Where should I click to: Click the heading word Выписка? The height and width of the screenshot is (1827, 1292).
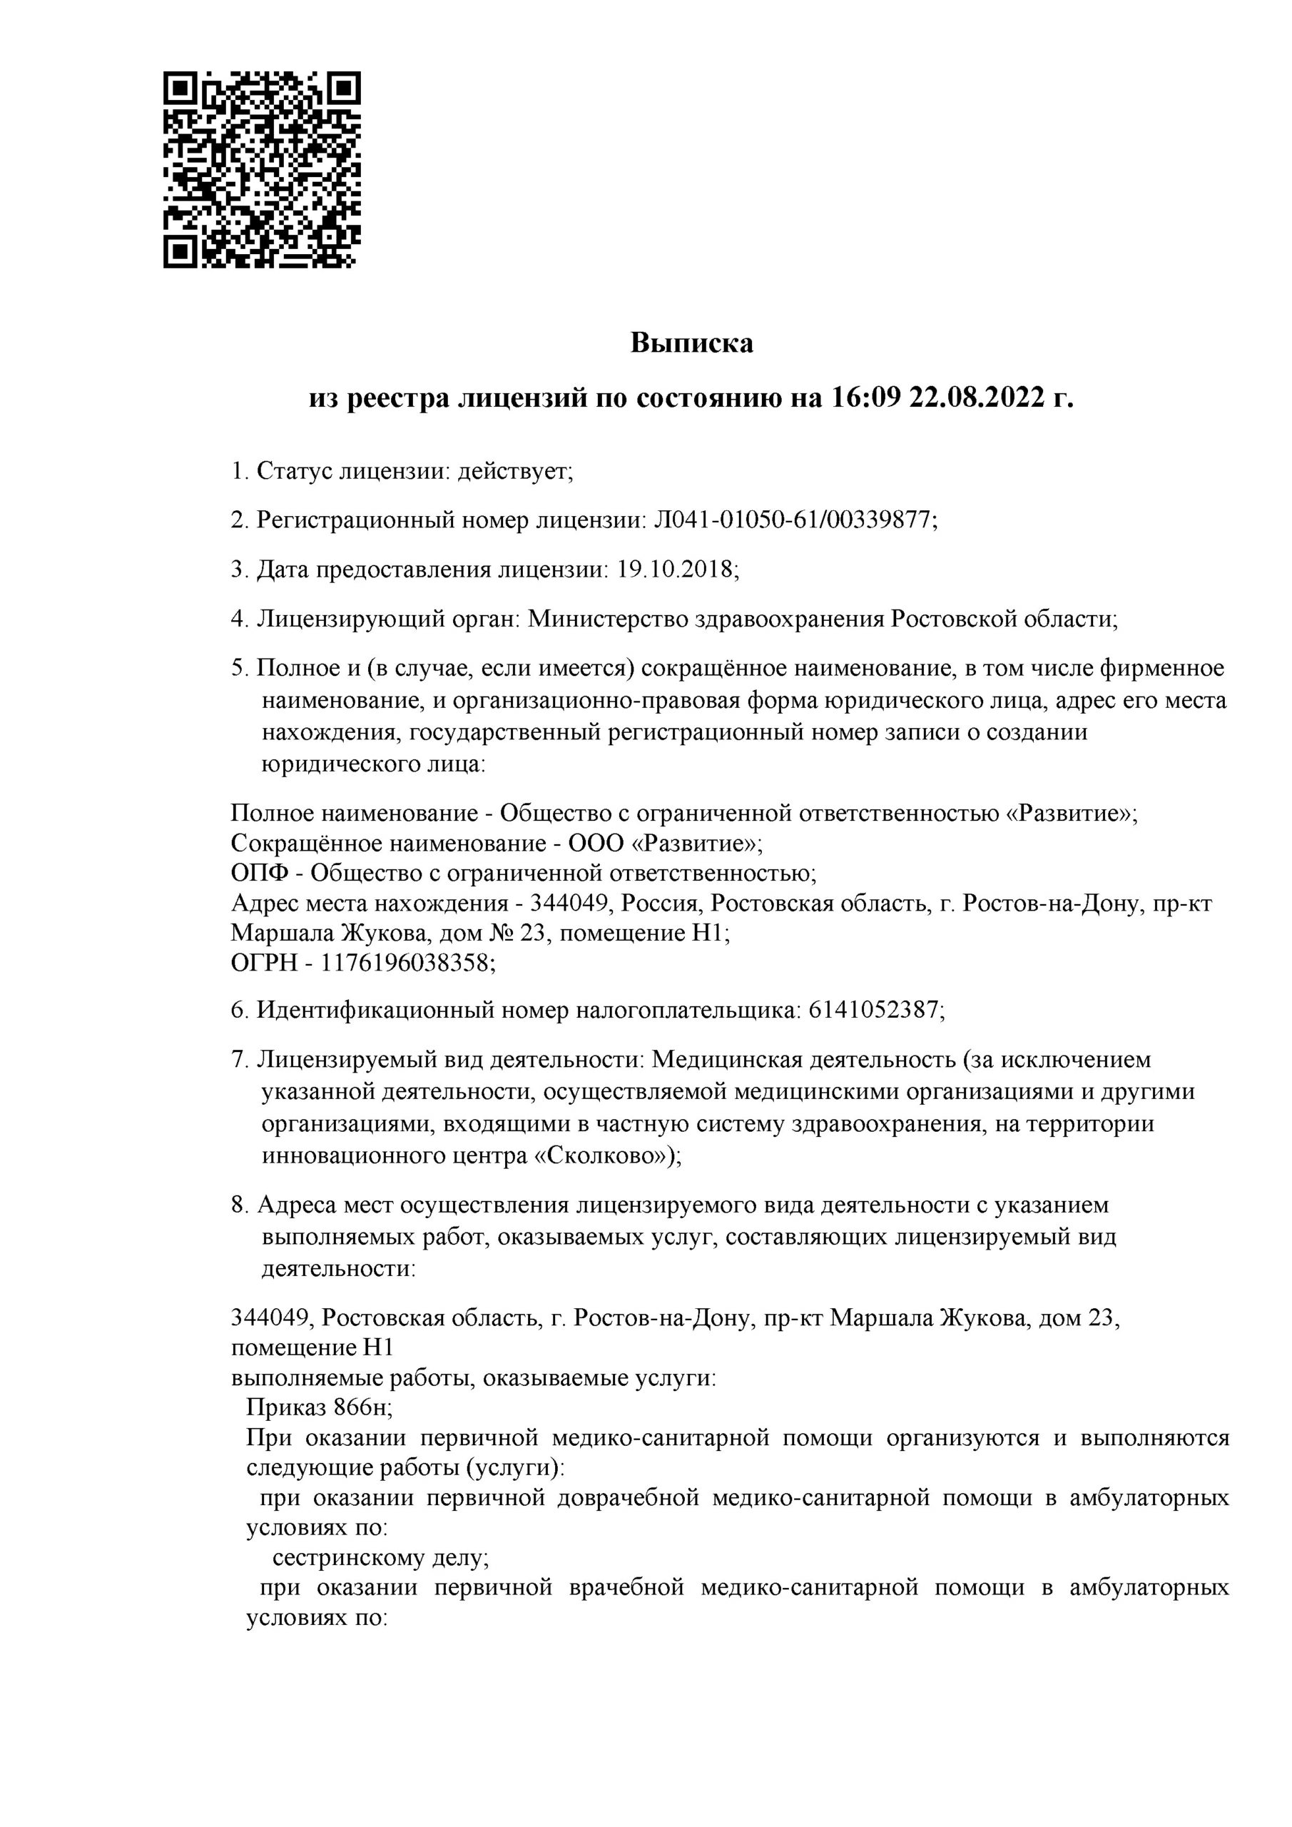pyautogui.click(x=691, y=344)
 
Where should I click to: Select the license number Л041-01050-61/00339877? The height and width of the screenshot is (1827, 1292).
pyautogui.click(x=793, y=520)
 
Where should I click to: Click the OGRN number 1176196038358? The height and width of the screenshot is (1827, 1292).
pyautogui.click(x=404, y=963)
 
